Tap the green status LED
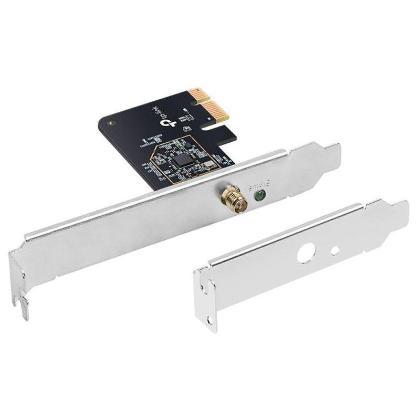[x=258, y=197]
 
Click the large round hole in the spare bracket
[x=304, y=254]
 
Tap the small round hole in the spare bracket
[x=334, y=250]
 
